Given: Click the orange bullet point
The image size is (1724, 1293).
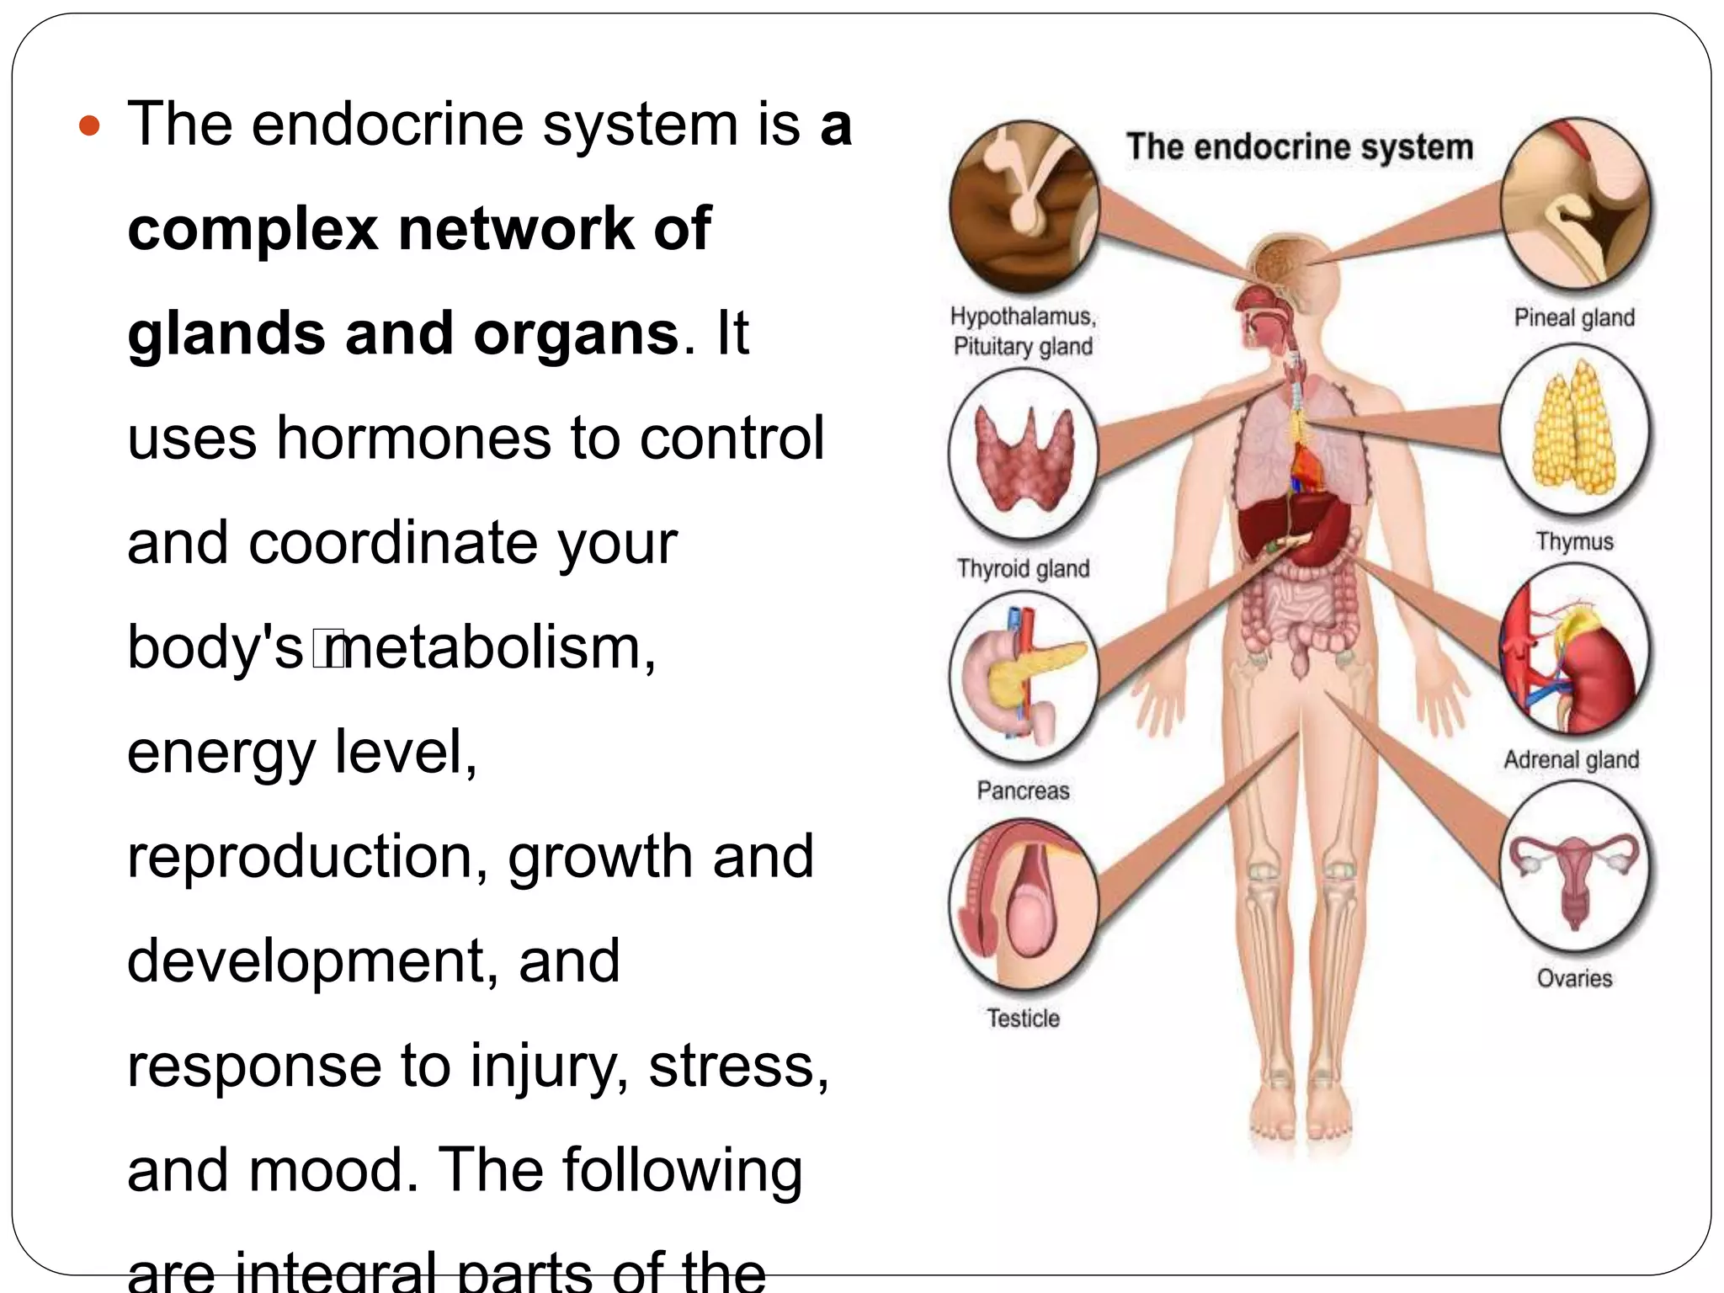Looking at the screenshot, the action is (x=89, y=127).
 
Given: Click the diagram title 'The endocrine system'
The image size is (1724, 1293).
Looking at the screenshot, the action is (x=1300, y=147).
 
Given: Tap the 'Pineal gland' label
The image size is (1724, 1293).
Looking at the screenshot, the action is (x=1574, y=317).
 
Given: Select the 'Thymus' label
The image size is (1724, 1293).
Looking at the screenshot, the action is (x=1574, y=540).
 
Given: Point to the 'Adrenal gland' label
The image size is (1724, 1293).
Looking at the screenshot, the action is (x=1572, y=759).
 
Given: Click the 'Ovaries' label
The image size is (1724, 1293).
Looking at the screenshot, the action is (x=1574, y=978).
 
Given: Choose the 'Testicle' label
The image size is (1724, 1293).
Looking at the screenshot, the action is (x=1023, y=1018).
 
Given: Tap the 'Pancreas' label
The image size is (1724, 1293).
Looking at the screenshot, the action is (x=1023, y=790).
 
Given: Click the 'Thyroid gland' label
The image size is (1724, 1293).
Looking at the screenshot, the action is (x=1023, y=569).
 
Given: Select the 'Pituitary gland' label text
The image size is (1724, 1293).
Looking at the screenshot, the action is (x=1023, y=346).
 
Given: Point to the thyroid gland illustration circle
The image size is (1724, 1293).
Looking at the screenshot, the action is (x=1023, y=455).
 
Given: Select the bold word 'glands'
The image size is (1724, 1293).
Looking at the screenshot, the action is (x=226, y=333).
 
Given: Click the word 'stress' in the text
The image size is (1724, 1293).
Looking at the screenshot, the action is (x=732, y=1066).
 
